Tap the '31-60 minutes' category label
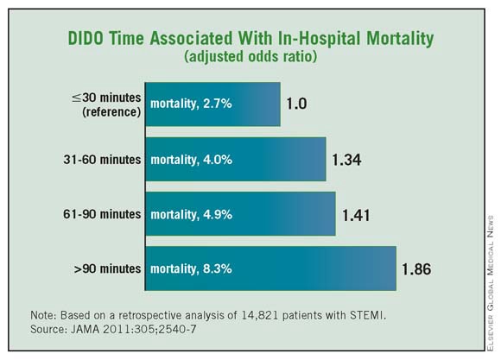100,161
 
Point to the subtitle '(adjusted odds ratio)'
250,58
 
